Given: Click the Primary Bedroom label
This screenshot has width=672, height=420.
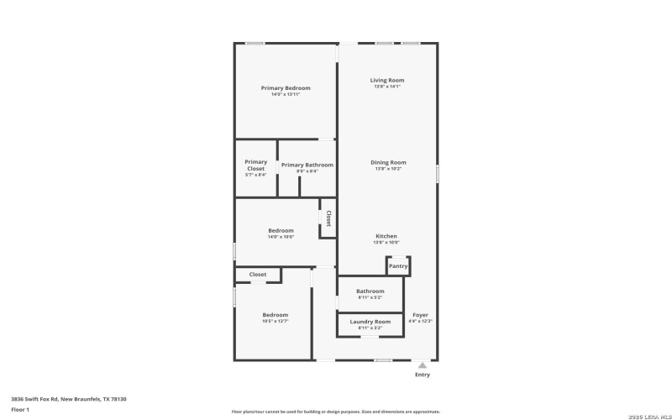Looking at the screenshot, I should pyautogui.click(x=286, y=88).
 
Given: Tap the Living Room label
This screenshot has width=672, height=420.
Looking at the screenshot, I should pyautogui.click(x=387, y=81).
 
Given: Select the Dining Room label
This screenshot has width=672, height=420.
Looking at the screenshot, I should pyautogui.click(x=388, y=162).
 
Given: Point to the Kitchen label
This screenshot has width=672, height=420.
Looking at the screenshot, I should pyautogui.click(x=386, y=236).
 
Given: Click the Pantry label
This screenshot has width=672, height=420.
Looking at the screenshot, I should pyautogui.click(x=398, y=266).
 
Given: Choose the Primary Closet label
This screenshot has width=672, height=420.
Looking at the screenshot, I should pyautogui.click(x=255, y=165).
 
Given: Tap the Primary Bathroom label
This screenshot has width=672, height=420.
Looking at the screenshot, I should pyautogui.click(x=307, y=165).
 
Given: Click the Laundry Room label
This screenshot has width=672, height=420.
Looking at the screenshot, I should pyautogui.click(x=370, y=322).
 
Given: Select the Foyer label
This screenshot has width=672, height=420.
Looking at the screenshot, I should pyautogui.click(x=420, y=315).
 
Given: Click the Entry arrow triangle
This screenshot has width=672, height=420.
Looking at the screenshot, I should pyautogui.click(x=423, y=365).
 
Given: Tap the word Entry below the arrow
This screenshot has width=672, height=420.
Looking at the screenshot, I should pyautogui.click(x=423, y=375).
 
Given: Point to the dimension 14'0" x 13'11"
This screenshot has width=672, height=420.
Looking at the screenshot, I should pyautogui.click(x=286, y=94).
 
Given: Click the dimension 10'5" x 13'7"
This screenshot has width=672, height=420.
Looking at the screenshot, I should pyautogui.click(x=275, y=321).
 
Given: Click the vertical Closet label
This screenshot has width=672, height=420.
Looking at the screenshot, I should pyautogui.click(x=328, y=218).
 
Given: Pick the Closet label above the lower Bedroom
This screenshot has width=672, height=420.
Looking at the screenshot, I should pyautogui.click(x=258, y=275).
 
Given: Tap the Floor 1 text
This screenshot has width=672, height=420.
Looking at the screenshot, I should pyautogui.click(x=20, y=409).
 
